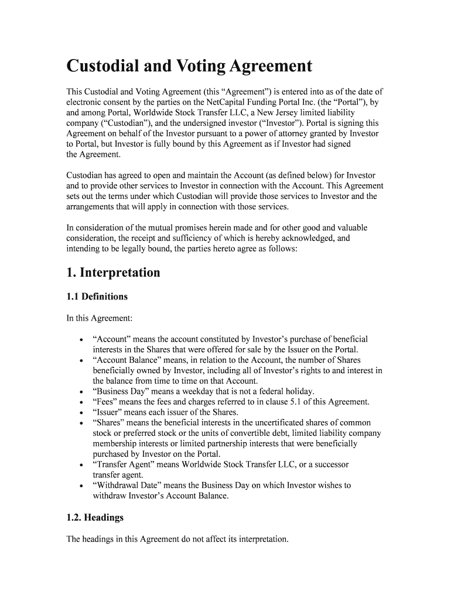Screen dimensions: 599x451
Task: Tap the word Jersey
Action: click(x=282, y=112)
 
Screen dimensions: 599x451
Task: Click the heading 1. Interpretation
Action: click(x=112, y=273)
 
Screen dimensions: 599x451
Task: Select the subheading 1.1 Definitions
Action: click(x=97, y=297)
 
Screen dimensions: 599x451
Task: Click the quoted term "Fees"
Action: click(x=105, y=402)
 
